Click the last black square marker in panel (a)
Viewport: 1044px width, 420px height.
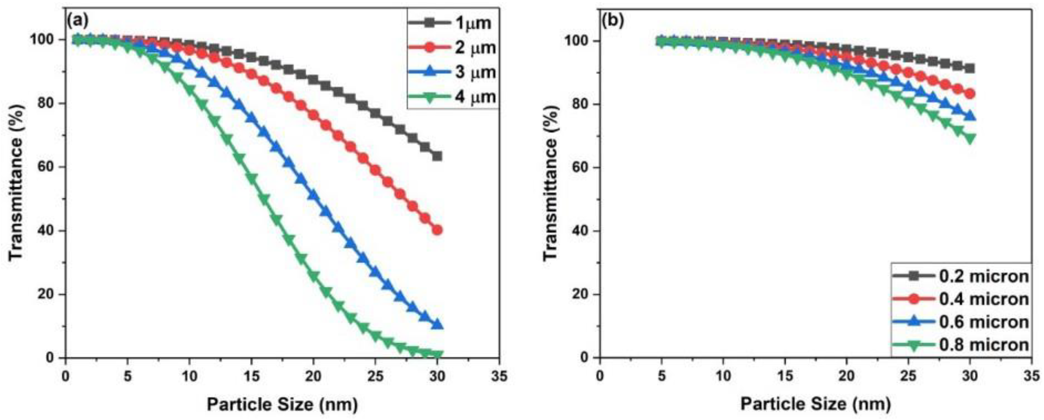437,156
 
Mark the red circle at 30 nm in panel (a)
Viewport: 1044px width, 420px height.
437,230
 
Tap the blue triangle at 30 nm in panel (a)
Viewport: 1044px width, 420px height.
437,325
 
